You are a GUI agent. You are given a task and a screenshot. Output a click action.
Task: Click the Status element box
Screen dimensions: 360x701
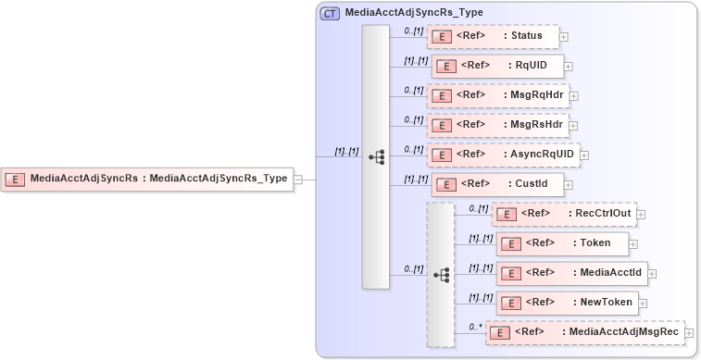tap(493, 36)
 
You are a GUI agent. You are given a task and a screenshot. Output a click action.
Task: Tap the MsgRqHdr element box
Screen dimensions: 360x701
tap(497, 95)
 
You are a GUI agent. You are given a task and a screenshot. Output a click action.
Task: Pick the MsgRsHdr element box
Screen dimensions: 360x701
tap(497, 125)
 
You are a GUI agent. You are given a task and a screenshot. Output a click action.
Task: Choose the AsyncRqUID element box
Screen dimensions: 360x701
tap(503, 155)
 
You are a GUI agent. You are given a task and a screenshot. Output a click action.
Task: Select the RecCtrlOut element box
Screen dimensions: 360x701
tap(563, 214)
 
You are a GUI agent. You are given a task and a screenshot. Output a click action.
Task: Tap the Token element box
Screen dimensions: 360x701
tap(562, 243)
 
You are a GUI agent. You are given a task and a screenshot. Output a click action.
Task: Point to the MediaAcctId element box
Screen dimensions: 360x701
tap(570, 273)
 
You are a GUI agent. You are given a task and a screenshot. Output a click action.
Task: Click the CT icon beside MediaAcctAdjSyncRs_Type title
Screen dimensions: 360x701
tap(329, 13)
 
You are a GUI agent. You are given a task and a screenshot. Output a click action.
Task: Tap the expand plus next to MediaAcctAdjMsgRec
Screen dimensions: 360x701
tap(689, 332)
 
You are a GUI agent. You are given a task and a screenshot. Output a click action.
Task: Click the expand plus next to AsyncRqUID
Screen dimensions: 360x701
tap(584, 155)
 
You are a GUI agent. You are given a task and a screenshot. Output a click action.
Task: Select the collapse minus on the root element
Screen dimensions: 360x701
tap(298, 180)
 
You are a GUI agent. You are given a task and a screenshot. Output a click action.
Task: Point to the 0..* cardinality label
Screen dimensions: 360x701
tap(476, 326)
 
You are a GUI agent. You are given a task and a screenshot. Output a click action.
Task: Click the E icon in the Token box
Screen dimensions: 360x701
tap(508, 243)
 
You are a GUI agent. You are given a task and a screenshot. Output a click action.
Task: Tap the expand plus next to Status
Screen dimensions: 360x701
tap(564, 37)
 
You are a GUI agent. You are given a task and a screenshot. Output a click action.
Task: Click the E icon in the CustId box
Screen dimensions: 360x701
tap(444, 184)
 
